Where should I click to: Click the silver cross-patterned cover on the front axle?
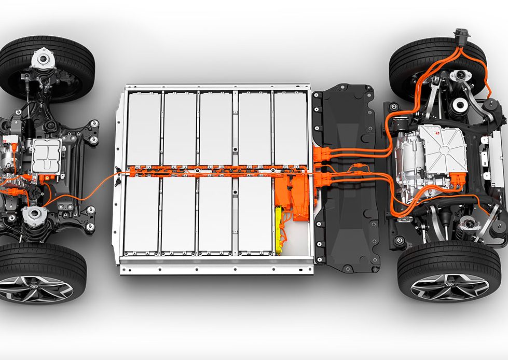point(48,155)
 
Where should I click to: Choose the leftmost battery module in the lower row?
point(141,215)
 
